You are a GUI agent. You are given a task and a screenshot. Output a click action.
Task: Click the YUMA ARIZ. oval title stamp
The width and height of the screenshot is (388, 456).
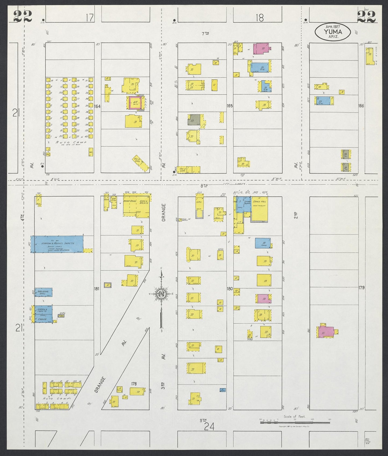[x=333, y=32]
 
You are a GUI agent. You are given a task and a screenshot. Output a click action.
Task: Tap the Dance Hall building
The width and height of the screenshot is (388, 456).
[x=260, y=208]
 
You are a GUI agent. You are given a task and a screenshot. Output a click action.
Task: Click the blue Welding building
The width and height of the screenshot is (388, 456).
[x=43, y=292]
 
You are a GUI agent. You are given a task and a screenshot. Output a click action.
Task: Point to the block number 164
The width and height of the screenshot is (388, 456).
[x=97, y=106]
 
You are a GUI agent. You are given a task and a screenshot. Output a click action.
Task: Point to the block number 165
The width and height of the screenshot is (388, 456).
[x=230, y=106]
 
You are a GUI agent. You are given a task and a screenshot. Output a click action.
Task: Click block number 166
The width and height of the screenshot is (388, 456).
[x=361, y=106]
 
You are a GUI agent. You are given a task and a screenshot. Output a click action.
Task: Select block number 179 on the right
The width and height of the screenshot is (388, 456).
[x=361, y=288]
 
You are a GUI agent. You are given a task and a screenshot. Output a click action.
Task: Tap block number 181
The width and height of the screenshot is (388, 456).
[x=97, y=289]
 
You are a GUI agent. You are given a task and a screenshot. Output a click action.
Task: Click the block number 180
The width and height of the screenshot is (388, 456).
[x=230, y=289]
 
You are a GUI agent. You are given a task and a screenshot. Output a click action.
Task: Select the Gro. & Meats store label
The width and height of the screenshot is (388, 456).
[x=144, y=202]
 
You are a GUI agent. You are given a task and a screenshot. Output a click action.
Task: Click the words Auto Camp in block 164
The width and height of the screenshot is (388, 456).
[x=71, y=142]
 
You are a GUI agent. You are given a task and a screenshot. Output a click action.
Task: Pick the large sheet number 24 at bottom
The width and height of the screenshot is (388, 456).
[x=209, y=426]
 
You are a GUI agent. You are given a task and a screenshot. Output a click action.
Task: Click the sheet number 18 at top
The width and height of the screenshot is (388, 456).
[x=260, y=18]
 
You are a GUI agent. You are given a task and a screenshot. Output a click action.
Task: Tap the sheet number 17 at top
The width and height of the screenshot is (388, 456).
[x=90, y=18]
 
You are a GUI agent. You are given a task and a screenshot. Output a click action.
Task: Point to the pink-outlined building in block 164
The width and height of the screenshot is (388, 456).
[x=135, y=103]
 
